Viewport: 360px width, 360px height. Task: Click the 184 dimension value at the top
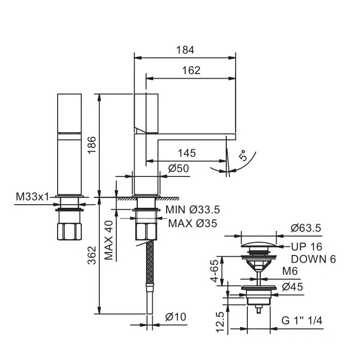185,50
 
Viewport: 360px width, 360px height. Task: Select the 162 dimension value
191,70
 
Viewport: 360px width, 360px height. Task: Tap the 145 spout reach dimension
187,153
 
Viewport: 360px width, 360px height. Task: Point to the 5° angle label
243,155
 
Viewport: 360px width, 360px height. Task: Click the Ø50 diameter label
178,168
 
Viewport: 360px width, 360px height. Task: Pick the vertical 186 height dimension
92,145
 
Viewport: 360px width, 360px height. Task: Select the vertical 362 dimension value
92,255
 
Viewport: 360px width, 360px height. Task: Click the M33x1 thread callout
32,197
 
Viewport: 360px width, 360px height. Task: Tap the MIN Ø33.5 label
193,210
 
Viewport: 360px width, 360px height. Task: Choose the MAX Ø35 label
193,223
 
